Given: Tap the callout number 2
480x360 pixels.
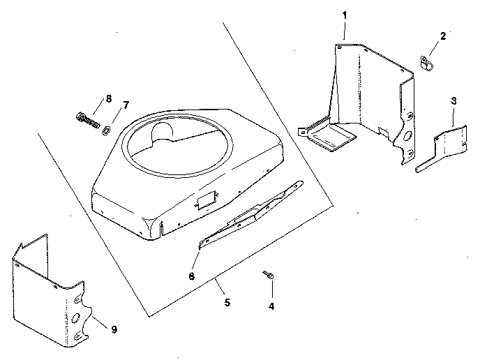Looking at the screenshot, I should [442, 36].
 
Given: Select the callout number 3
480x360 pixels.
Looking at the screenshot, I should [453, 100].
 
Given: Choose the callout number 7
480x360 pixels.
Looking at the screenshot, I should [126, 105].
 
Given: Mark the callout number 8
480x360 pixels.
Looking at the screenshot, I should [108, 98].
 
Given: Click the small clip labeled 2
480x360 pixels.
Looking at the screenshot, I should [427, 61].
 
